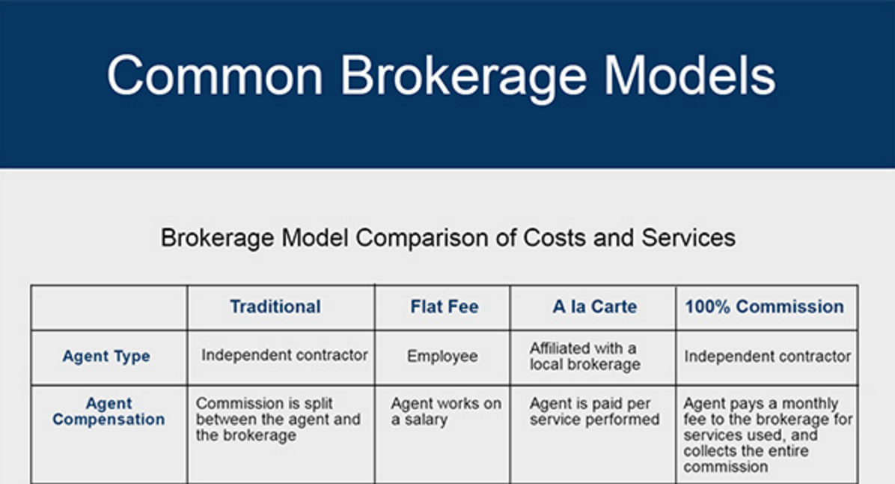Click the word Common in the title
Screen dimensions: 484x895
(x=216, y=75)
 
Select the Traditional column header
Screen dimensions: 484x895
(x=275, y=307)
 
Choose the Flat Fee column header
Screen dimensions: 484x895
(x=444, y=307)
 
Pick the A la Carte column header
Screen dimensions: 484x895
(x=595, y=307)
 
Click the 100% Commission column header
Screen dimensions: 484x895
(x=764, y=307)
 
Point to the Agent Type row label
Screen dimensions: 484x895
(x=106, y=357)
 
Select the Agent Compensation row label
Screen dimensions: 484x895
(x=109, y=412)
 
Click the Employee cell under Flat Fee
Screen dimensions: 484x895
(x=442, y=357)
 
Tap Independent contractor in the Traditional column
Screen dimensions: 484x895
(x=284, y=355)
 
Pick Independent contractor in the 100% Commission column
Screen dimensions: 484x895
(x=767, y=357)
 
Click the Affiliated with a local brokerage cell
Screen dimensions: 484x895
(x=584, y=357)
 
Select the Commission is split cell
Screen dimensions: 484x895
(x=278, y=419)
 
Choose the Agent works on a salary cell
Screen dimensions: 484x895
(x=445, y=411)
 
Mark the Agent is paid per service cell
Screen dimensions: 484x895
(x=594, y=411)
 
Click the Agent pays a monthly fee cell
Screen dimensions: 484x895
(x=767, y=435)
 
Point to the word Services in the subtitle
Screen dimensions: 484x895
(x=688, y=238)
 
